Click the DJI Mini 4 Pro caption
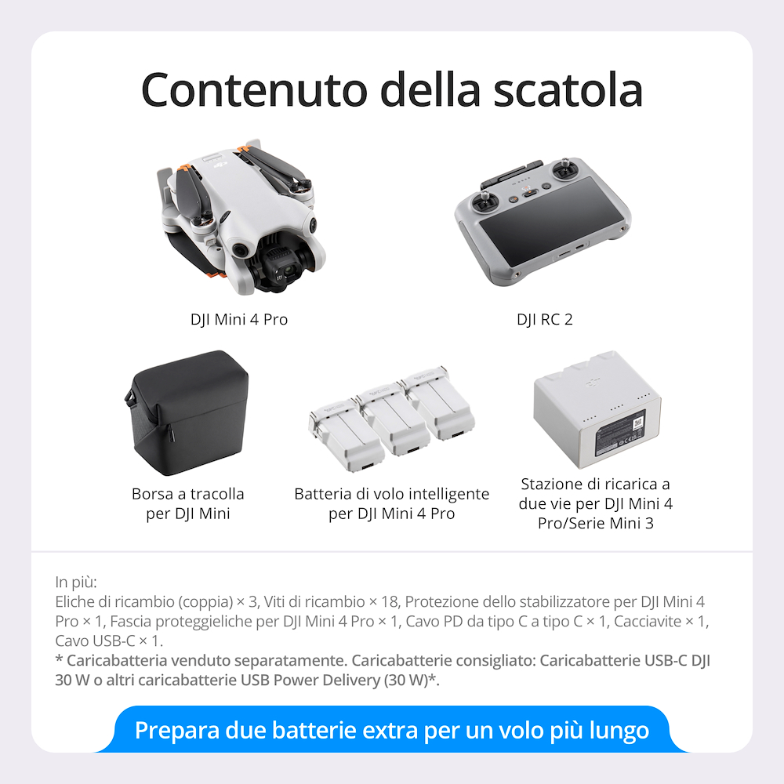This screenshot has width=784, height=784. click(239, 320)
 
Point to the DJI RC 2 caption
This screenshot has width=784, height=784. click(544, 320)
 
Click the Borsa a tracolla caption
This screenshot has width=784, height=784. click(188, 494)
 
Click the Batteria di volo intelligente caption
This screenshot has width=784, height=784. click(391, 494)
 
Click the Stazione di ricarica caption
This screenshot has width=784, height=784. click(596, 485)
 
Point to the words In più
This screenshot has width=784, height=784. click(76, 582)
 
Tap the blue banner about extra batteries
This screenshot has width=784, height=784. click(392, 730)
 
